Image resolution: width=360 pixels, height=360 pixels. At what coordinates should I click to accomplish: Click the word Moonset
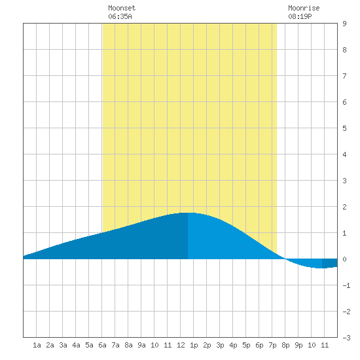tap(122, 8)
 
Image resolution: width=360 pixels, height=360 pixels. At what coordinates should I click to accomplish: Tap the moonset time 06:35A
tap(120, 16)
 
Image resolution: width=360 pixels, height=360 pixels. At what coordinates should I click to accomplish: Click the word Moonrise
tap(304, 8)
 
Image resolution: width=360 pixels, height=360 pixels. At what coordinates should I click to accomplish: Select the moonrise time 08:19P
tap(300, 16)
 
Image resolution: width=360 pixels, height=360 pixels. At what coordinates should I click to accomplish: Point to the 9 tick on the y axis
tap(344, 24)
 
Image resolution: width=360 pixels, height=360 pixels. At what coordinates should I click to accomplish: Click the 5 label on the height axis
tap(344, 128)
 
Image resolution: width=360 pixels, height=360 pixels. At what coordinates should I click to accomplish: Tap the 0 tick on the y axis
tap(344, 259)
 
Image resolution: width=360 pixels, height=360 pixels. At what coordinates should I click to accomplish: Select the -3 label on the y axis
tap(346, 338)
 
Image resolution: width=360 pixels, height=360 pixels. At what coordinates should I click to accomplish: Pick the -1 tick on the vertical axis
tap(346, 285)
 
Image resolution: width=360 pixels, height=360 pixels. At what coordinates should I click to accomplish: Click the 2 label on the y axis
tap(344, 207)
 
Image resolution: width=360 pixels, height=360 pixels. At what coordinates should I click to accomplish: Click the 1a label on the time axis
tap(37, 345)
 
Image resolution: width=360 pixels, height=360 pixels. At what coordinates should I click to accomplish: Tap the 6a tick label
tap(102, 345)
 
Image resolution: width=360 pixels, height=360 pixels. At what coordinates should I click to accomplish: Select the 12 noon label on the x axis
tap(181, 345)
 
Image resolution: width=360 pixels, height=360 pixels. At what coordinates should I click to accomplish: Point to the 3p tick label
tap(220, 345)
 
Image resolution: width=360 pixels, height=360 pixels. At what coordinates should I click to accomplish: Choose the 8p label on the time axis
tap(285, 345)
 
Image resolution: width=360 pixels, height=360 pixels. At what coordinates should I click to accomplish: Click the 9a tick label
tap(141, 345)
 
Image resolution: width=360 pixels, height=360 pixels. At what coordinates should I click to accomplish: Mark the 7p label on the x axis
tap(272, 345)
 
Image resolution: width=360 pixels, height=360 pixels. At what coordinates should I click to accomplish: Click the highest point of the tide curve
tap(188, 213)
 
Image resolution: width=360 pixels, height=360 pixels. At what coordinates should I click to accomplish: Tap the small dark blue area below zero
tap(330, 263)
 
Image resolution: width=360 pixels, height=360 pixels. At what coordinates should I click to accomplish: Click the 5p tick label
tap(246, 345)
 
